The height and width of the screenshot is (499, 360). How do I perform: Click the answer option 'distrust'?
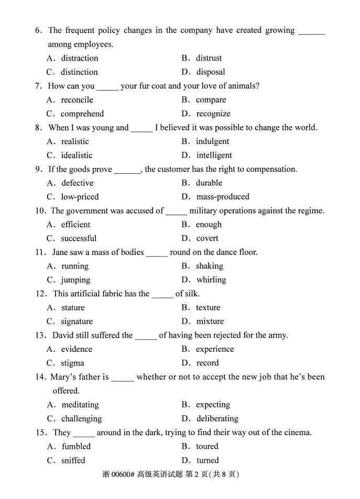[x=209, y=58]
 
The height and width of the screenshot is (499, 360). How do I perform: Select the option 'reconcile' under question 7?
[x=77, y=99]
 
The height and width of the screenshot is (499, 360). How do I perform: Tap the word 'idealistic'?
[x=77, y=155]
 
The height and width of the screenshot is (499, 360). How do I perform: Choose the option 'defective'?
[x=77, y=183]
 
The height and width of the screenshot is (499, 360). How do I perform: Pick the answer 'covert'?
[x=208, y=238]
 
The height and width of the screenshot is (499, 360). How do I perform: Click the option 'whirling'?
[x=211, y=280]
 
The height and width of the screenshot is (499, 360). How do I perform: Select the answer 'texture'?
[x=208, y=307]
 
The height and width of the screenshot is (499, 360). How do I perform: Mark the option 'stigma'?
[x=72, y=363]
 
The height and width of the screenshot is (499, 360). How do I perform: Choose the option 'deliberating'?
[x=217, y=418]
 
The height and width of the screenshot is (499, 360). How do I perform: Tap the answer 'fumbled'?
[x=76, y=446]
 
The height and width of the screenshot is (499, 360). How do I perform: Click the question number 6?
[x=38, y=30]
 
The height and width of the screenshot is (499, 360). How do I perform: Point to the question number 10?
[x=40, y=210]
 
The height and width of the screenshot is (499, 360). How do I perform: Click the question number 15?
[x=40, y=433]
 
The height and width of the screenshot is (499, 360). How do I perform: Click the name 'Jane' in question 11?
[x=61, y=252]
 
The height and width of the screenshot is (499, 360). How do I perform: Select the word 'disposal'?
[x=211, y=72]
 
